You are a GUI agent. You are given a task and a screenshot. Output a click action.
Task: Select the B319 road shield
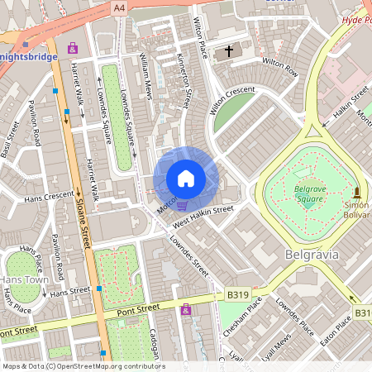pyautogui.click(x=237, y=293)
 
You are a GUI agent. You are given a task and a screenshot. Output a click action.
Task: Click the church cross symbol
pyautogui.click(x=227, y=52)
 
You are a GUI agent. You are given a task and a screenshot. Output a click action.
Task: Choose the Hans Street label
pyautogui.click(x=69, y=292)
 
